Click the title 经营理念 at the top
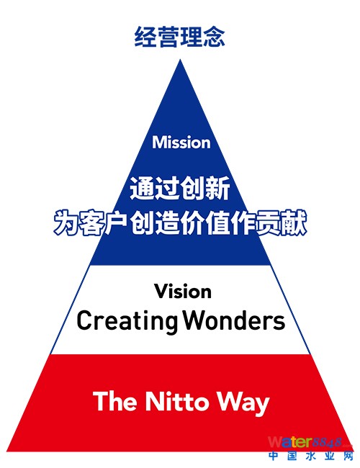click(180, 37)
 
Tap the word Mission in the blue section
click(181, 143)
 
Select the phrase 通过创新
click(180, 188)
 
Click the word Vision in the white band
click(183, 292)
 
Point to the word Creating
click(127, 321)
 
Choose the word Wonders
click(234, 320)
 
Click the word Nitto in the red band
click(176, 401)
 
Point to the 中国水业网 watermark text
click(311, 456)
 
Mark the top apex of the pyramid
click(180, 59)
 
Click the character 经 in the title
click(145, 37)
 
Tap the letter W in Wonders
click(193, 320)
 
